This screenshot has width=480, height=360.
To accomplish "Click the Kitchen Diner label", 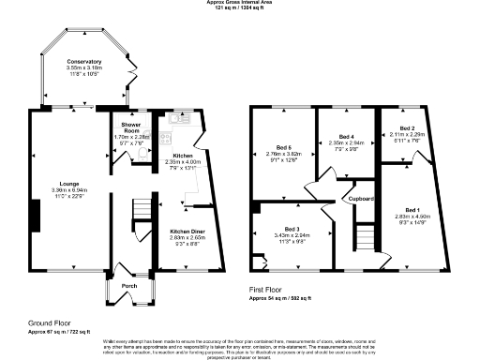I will pos(187,231).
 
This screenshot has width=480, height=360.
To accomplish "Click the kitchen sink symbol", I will pos(179,120).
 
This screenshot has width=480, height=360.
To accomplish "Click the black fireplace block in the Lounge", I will pos(35,217).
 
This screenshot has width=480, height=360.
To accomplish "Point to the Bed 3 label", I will pos(292,230).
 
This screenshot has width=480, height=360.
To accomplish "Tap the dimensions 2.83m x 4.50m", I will pos(412,216).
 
